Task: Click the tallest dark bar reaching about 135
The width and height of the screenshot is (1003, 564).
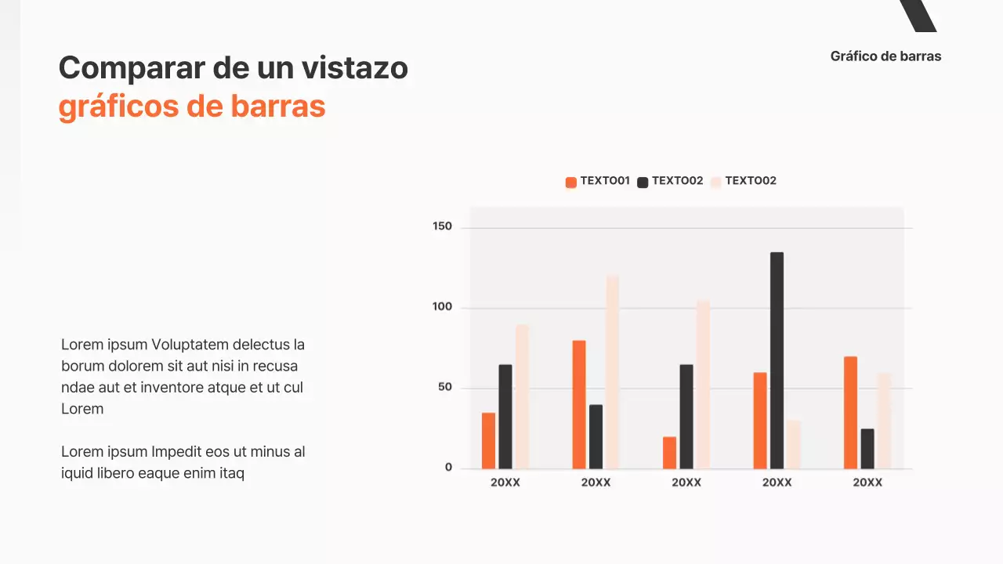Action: coord(777,360)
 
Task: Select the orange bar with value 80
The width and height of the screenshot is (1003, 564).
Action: coord(579,404)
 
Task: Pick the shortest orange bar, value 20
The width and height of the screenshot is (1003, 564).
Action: coord(669,453)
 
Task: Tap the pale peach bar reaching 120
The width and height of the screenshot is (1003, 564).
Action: coord(612,372)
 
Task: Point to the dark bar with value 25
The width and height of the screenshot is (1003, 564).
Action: coord(867,449)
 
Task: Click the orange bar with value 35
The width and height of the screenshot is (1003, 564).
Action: coord(488,440)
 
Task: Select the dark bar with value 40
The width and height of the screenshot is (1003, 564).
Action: coord(596,436)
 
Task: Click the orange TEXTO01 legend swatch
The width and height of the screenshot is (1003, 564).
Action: coord(570,182)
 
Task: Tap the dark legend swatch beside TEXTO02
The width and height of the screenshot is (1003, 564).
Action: coord(643,182)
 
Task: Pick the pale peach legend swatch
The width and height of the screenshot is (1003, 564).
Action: coord(715,182)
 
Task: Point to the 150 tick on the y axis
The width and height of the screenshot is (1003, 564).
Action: coord(443,226)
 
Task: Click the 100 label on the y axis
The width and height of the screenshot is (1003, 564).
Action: coord(443,307)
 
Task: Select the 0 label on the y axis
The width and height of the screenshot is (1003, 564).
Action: coord(449,468)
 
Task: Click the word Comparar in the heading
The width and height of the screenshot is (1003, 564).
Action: coord(125,68)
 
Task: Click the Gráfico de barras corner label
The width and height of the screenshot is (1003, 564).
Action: coord(885,56)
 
